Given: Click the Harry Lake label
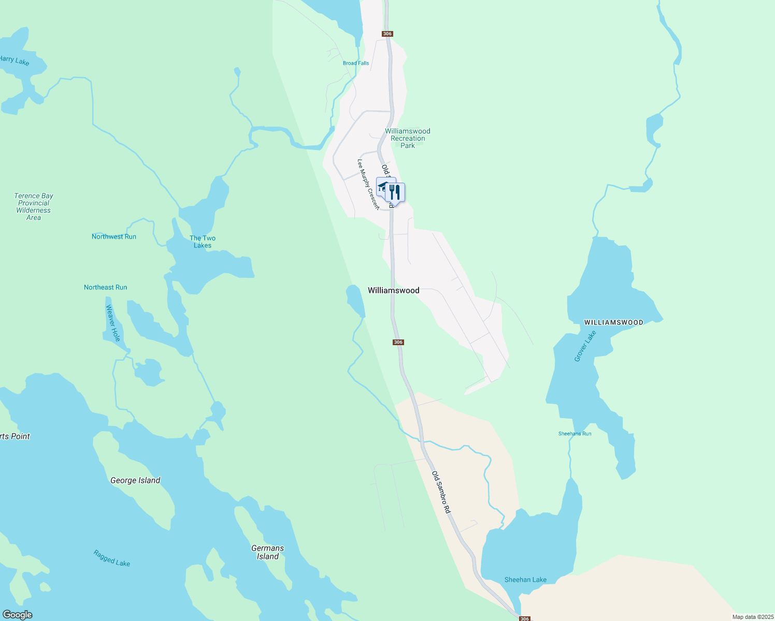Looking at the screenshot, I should tap(15, 61).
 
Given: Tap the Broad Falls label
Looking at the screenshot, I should tap(356, 63).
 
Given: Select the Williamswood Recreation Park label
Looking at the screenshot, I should tap(408, 138).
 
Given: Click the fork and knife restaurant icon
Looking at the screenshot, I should tap(395, 192).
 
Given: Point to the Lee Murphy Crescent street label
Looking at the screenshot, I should tap(368, 184).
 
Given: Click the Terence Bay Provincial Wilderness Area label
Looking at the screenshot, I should tap(34, 206).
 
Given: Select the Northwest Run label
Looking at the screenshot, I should tap(114, 236).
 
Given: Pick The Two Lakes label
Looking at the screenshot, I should tap(203, 242).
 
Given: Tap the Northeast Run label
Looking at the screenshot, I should tap(106, 287).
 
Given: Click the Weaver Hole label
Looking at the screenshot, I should tap(113, 323).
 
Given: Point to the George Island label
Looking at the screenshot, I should tap(135, 480).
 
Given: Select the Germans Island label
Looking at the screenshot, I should tap(268, 552).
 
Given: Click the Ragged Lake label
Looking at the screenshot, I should tap(112, 558).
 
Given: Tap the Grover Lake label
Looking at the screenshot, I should tap(585, 346).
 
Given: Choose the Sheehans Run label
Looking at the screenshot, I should tap(575, 434).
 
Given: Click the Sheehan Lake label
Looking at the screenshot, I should tap(525, 580).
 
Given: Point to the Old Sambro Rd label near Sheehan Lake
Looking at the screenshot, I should tap(441, 492).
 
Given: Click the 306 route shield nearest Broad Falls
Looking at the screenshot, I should tap(387, 34).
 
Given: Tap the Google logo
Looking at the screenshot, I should tap(17, 615).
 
